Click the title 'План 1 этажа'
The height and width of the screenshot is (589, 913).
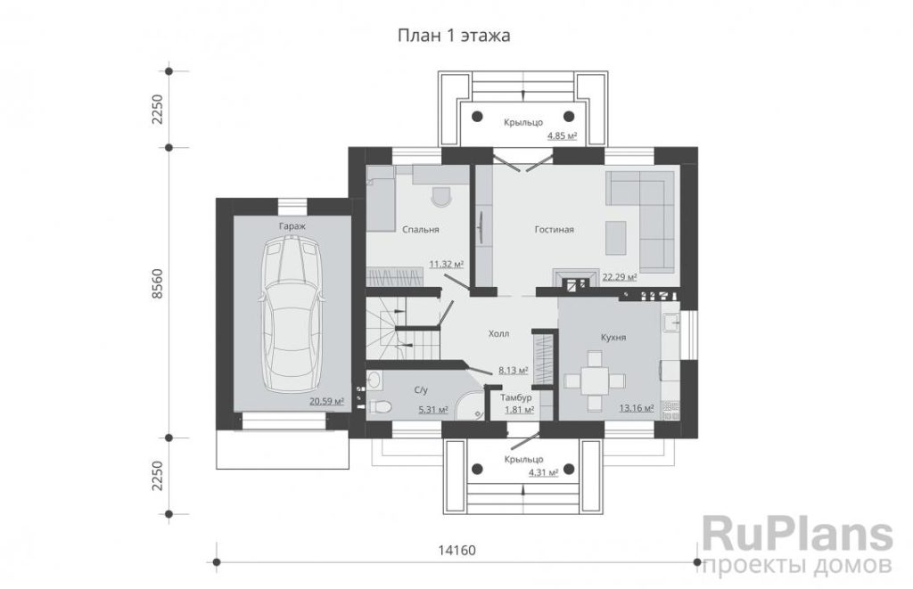point(454,36)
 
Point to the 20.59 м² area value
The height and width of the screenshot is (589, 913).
point(326,401)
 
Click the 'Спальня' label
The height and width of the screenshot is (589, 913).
point(421,229)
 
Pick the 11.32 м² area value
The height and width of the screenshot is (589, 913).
point(446,264)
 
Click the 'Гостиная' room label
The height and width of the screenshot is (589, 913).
point(555,229)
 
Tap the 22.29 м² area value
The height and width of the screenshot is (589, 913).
point(620,276)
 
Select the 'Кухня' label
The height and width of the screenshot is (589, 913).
point(613,337)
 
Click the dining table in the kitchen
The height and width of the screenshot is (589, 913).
point(595,381)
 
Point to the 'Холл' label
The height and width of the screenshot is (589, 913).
point(498,333)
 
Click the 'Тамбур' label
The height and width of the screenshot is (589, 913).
point(516,397)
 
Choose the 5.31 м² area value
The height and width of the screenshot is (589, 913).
point(433,410)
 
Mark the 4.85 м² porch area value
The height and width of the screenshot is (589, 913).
point(562,136)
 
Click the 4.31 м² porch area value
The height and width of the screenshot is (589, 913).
point(543,472)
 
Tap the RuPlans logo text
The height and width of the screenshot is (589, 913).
point(797,537)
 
